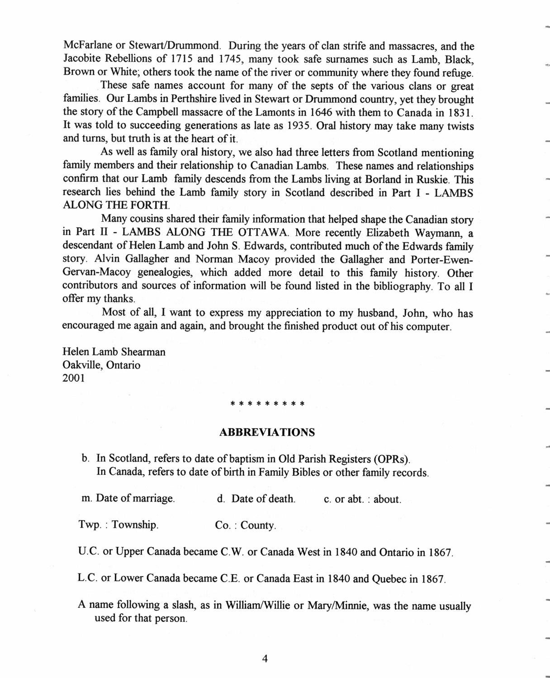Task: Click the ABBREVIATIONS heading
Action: click(x=267, y=432)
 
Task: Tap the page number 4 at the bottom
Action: click(x=265, y=659)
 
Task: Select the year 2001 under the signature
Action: click(x=74, y=378)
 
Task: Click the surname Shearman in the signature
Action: click(x=144, y=352)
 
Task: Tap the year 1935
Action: click(x=298, y=125)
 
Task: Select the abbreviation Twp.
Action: click(x=89, y=525)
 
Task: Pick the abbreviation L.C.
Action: click(x=88, y=578)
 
